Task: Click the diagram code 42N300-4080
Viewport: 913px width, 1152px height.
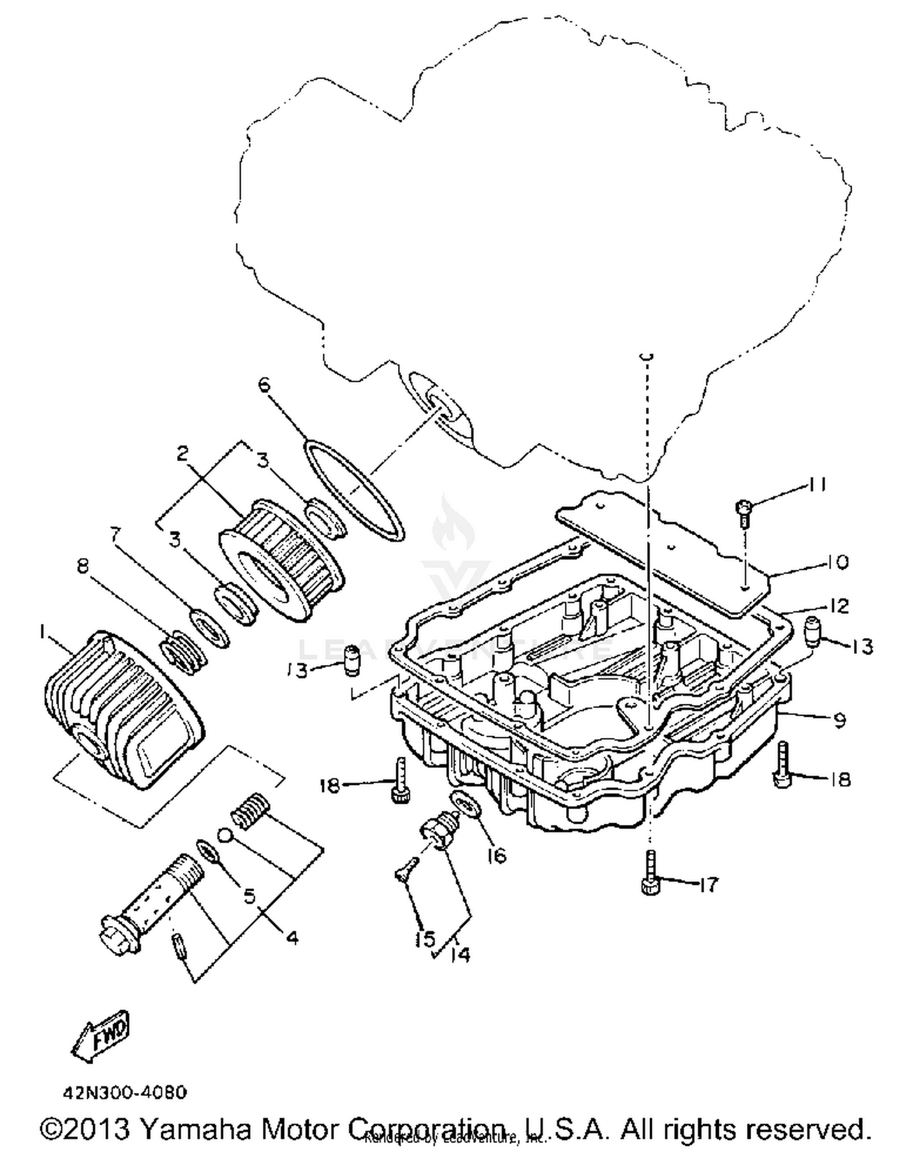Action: (x=125, y=1093)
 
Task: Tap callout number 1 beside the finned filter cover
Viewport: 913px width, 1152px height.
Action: (x=42, y=633)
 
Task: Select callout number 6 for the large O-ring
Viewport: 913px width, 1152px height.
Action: (x=264, y=385)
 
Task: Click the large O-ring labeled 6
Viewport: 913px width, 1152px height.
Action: (x=354, y=491)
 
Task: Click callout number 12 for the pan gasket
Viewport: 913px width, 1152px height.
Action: (x=839, y=606)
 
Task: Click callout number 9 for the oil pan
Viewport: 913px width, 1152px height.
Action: (x=839, y=721)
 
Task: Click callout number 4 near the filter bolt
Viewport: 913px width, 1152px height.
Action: (x=292, y=938)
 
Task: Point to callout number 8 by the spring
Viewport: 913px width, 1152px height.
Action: (x=82, y=567)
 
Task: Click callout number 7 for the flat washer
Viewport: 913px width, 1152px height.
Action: (x=114, y=535)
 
